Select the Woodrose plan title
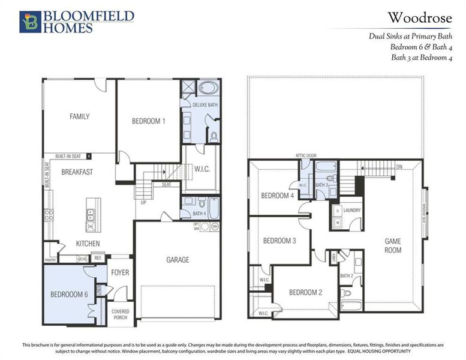pyautogui.click(x=419, y=18)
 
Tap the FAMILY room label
pyautogui.click(x=79, y=116)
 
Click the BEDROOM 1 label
pyautogui.click(x=148, y=121)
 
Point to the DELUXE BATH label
pyautogui.click(x=205, y=105)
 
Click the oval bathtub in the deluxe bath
pyautogui.click(x=209, y=88)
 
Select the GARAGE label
pyautogui.click(x=178, y=260)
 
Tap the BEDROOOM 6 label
pyautogui.click(x=68, y=294)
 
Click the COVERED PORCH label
pyautogui.click(x=121, y=314)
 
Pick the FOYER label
pyautogui.click(x=120, y=272)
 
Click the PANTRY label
pyautogui.click(x=50, y=260)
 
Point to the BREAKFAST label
pyautogui.click(x=77, y=172)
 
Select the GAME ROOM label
pyautogui.click(x=393, y=245)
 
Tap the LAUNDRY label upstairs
pyautogui.click(x=351, y=211)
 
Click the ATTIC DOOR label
pyautogui.click(x=305, y=155)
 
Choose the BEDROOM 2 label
pyautogui.click(x=305, y=292)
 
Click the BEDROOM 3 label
pyautogui.click(x=279, y=241)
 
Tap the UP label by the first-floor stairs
pyautogui.click(x=143, y=203)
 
